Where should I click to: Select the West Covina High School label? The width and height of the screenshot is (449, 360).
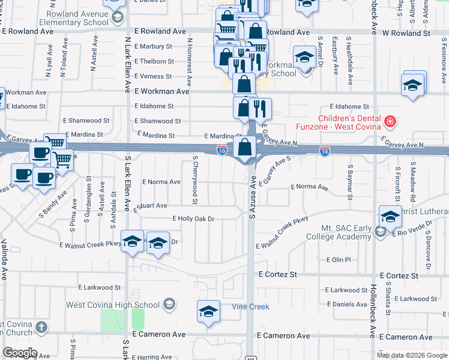click(x=113, y=305)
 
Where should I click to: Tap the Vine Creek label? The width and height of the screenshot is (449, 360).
click(x=250, y=307)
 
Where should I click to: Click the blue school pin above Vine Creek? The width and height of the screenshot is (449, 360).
click(x=208, y=312)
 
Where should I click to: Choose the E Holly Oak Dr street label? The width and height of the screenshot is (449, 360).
click(x=193, y=219)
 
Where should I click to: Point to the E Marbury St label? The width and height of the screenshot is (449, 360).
click(x=153, y=46)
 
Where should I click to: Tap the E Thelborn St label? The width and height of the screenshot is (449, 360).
click(x=154, y=61)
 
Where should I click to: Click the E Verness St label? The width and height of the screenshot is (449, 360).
click(x=153, y=76)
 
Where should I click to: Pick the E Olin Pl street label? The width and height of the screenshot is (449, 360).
click(x=338, y=260)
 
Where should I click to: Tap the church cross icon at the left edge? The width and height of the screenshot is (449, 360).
click(x=40, y=328)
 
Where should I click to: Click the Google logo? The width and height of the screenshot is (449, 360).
click(x=19, y=353)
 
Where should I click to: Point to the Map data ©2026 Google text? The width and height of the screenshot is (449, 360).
click(x=412, y=355)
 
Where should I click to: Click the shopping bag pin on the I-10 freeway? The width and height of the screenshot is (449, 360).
click(x=245, y=147)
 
